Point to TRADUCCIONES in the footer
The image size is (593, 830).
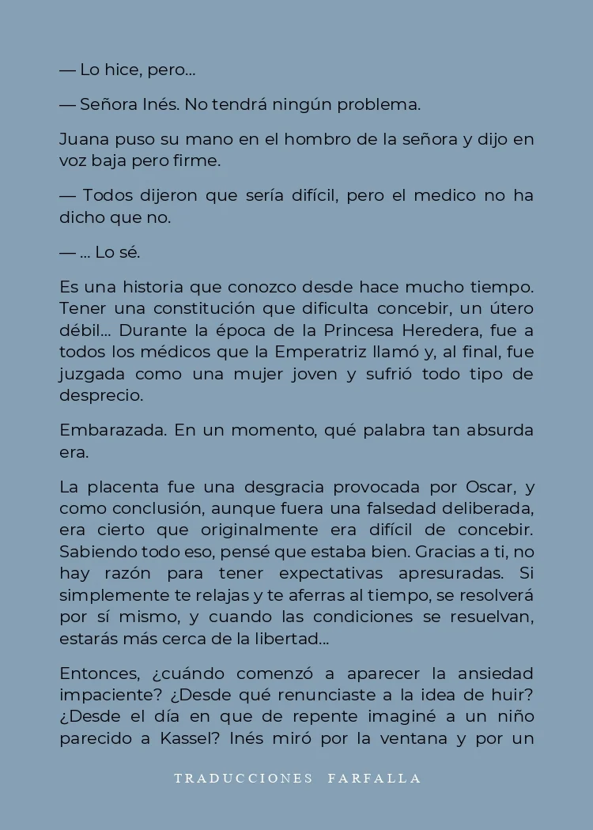[x=244, y=779]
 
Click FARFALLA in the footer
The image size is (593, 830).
[x=374, y=779]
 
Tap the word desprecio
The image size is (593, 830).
[x=101, y=396]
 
